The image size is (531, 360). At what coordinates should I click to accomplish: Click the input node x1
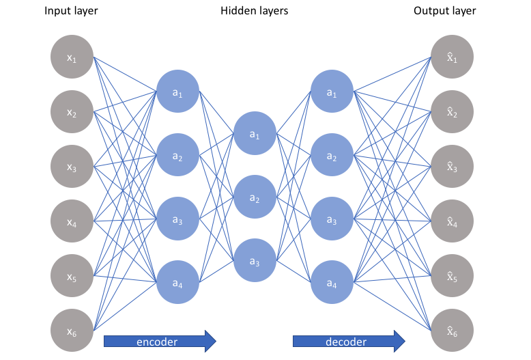(x=72, y=57)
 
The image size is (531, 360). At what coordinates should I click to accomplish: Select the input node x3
(x=72, y=167)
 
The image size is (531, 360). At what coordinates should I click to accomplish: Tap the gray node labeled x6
(x=72, y=330)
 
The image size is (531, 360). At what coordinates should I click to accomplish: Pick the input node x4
(x=72, y=221)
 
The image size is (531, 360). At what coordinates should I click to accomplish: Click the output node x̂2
(x=452, y=111)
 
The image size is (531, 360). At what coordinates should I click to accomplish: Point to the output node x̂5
(x=452, y=275)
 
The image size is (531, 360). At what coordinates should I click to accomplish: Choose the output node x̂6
(x=452, y=330)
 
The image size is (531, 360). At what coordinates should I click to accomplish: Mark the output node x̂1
(x=452, y=57)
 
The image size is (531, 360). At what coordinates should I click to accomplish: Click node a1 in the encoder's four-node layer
(x=177, y=91)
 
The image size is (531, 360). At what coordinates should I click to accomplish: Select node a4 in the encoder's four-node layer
(x=177, y=282)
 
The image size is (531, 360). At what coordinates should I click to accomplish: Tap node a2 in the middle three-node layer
(x=255, y=197)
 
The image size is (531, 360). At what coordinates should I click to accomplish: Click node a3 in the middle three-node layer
(x=255, y=260)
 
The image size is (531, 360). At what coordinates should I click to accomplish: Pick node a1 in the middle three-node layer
(x=255, y=133)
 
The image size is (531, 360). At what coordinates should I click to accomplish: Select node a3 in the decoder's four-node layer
(x=332, y=219)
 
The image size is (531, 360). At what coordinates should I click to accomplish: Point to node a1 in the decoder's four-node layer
(x=332, y=91)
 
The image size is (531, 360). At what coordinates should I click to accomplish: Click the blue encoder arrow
(x=160, y=341)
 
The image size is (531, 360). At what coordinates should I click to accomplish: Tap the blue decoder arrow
(x=349, y=341)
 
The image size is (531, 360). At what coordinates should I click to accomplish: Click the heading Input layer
(x=71, y=11)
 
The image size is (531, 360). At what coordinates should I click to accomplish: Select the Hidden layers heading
(x=255, y=11)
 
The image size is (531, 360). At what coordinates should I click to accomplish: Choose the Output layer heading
(x=444, y=11)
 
